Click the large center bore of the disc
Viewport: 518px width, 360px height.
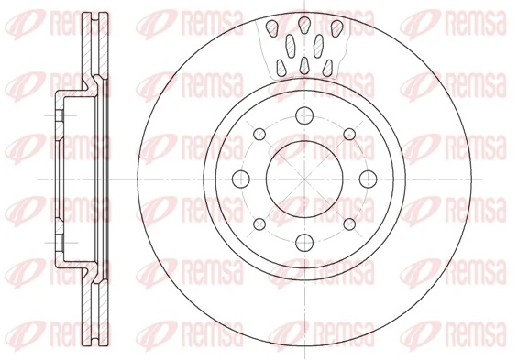pos(304,180)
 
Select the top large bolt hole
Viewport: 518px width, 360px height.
pos(304,115)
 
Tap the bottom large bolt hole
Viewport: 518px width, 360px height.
pos(304,243)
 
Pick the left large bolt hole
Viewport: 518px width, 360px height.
pos(241,180)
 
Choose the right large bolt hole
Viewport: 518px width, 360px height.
pos(368,180)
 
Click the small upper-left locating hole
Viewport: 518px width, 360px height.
pos(259,134)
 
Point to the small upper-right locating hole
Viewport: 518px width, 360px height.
pos(349,134)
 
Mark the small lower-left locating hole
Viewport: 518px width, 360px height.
pos(259,224)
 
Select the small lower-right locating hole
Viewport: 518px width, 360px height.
pos(349,224)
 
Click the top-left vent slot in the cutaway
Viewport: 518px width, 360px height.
pos(272,27)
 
